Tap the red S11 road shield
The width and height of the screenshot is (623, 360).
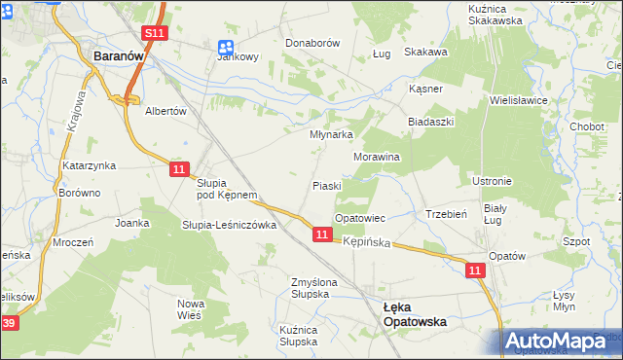(x=153, y=33)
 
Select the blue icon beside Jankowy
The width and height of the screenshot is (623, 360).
(x=226, y=46)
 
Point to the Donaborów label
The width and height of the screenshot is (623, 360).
(x=311, y=44)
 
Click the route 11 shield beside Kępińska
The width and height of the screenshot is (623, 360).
(x=322, y=234)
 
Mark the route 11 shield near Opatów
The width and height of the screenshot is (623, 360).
(x=475, y=270)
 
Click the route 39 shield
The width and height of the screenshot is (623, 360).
(x=9, y=323)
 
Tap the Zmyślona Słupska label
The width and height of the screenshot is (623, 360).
(x=313, y=288)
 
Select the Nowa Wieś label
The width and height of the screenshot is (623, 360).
(x=191, y=308)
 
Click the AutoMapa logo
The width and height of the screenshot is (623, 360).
(x=560, y=342)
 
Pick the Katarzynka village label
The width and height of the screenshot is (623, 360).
(x=90, y=166)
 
